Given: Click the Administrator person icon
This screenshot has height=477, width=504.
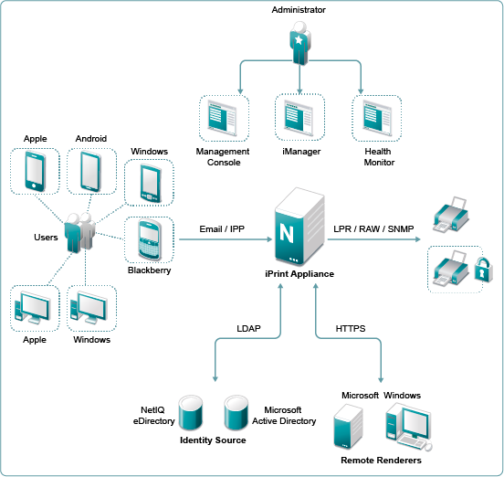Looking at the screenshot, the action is (299, 43).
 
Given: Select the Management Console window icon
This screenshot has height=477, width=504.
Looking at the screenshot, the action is (223, 118).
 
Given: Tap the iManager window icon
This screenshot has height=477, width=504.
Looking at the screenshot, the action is (299, 117).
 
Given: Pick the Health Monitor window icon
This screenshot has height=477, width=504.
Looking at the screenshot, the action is (377, 118).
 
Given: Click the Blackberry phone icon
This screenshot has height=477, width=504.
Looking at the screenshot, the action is (149, 240).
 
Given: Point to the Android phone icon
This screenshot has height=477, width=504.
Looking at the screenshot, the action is (91, 172).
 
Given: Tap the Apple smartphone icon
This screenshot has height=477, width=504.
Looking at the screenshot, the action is (35, 172).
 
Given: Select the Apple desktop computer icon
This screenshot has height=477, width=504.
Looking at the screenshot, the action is (33, 308).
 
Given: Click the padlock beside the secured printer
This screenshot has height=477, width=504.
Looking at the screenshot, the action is (483, 270).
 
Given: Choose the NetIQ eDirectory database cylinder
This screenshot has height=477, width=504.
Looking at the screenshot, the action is (190, 413).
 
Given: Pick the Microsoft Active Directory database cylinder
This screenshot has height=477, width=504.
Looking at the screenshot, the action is (236, 413).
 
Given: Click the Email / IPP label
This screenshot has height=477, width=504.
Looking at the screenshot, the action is (222, 229).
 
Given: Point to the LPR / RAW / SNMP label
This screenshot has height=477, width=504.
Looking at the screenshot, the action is (373, 229).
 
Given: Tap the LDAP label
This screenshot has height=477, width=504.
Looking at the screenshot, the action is (248, 328).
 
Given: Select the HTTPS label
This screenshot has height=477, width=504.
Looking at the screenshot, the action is (351, 328).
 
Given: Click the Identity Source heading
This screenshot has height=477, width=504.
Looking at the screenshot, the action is (213, 440).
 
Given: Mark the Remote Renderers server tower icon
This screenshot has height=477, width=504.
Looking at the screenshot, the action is (348, 427).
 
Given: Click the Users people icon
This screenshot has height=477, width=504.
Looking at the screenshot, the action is (79, 232).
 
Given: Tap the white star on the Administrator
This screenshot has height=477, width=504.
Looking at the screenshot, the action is (299, 40).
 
